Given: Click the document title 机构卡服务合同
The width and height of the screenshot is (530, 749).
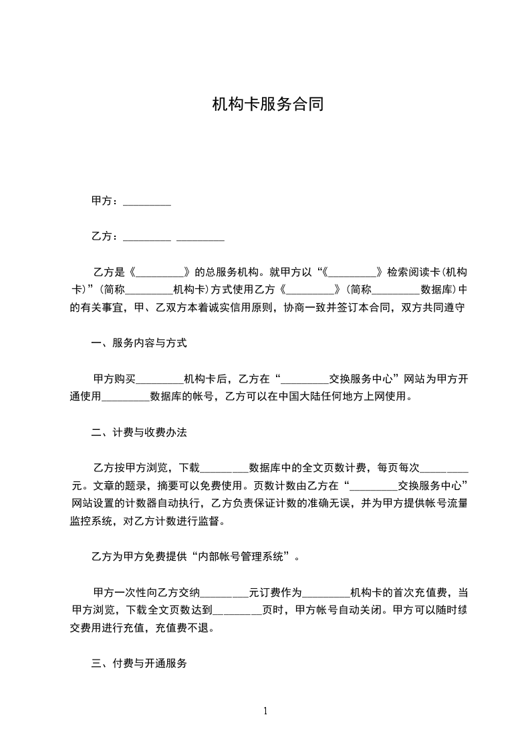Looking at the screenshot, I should click(267, 104).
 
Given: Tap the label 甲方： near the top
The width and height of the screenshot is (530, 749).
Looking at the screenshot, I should click(106, 200).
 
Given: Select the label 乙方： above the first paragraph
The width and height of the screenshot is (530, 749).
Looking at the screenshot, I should click(106, 236).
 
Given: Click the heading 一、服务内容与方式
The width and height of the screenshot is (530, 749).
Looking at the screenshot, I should click(139, 343).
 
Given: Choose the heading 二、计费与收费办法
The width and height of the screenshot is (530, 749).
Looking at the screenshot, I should click(139, 432).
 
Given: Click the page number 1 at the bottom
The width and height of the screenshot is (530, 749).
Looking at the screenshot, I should click(266, 711).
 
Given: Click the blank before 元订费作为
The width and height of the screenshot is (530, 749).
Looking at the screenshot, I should click(225, 591).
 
